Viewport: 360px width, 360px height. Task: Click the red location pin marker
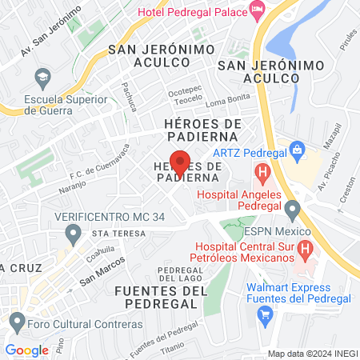(180, 163)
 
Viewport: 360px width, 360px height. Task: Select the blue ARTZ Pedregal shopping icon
(297, 150)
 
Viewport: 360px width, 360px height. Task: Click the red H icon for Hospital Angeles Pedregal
(262, 171)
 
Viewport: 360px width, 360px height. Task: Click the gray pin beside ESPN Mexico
(292, 210)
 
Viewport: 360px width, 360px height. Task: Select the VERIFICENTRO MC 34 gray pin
(74, 235)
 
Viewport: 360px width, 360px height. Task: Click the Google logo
(26, 350)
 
